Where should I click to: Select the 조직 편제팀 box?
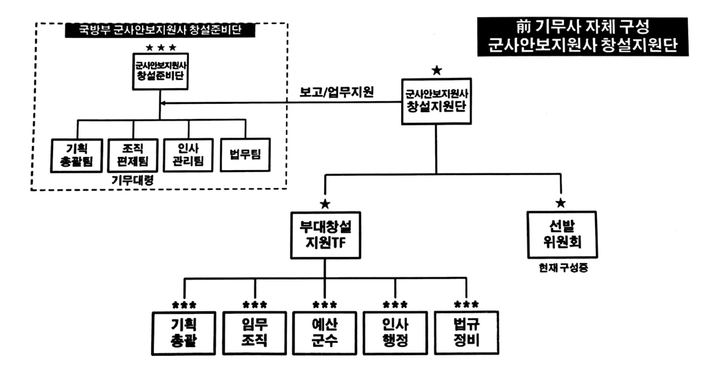pos(133,155)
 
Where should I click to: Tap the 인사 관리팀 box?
pos(189,155)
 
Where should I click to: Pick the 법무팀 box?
pos(245,155)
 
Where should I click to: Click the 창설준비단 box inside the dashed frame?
pos(160,71)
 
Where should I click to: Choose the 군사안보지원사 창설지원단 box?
pos(436,101)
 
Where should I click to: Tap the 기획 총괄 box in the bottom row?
pos(184,332)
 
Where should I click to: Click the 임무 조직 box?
pos(256,332)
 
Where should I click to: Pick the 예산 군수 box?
pos(325,332)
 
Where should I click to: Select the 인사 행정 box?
pos(396,332)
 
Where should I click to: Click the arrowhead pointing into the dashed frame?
pos(164,104)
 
